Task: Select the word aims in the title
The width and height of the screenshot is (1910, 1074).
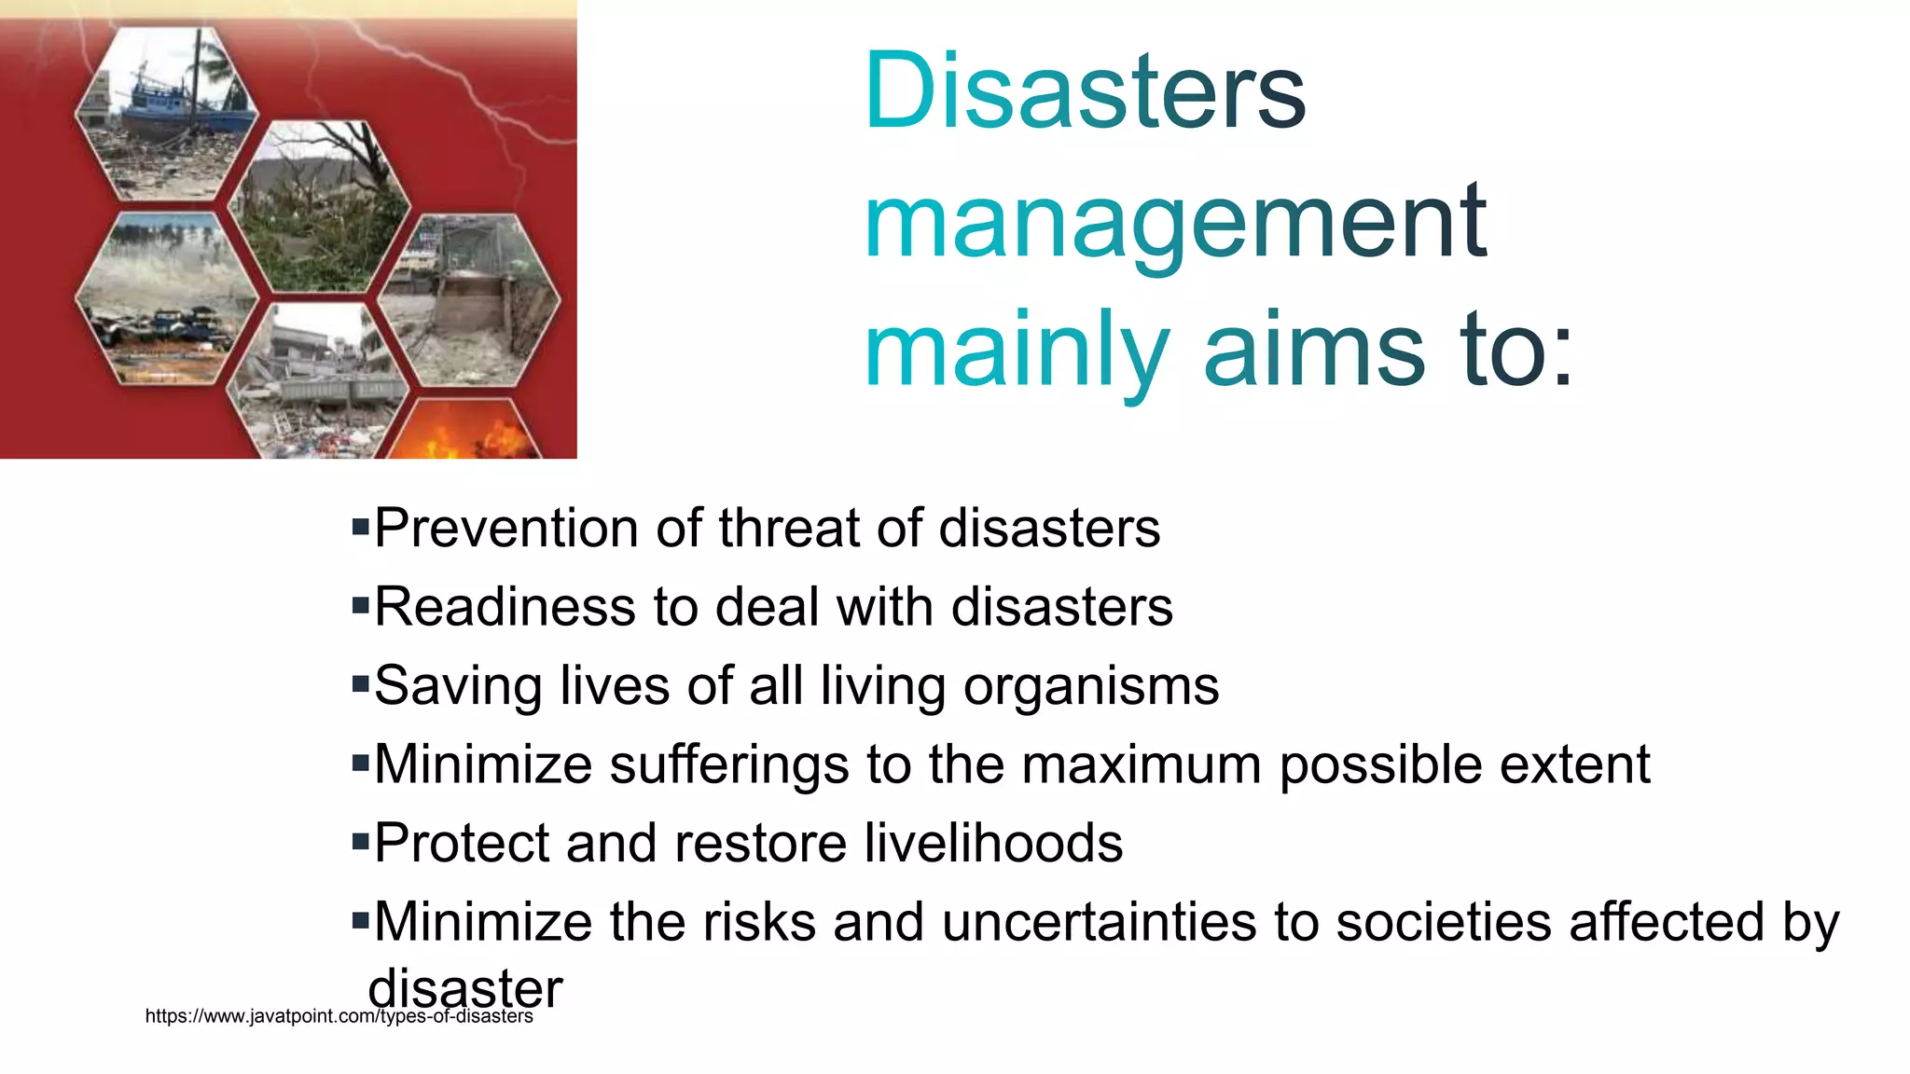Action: [1314, 351]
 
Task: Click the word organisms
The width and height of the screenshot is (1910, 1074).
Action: [1090, 687]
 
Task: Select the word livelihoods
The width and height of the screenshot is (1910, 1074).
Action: [993, 843]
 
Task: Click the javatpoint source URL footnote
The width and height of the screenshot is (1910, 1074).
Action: [339, 1016]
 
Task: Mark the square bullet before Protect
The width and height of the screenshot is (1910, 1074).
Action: [361, 843]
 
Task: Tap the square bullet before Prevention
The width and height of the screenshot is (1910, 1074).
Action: [361, 528]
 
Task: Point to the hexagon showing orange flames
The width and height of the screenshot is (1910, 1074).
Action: [462, 434]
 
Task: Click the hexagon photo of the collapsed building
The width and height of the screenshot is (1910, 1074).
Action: [317, 378]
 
